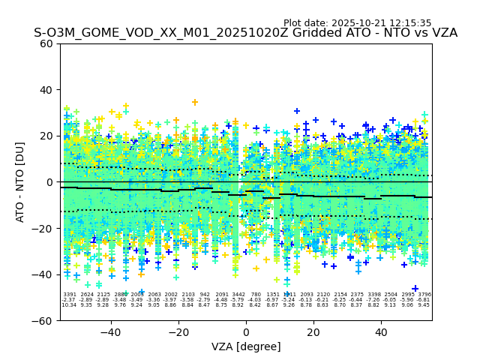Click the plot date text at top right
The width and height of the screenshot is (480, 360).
click(357, 23)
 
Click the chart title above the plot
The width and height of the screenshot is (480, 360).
click(245, 34)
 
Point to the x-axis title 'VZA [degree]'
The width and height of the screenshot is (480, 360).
click(246, 347)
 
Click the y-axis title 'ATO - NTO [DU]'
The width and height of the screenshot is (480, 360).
click(20, 182)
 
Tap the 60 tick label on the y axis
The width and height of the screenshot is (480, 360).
click(46, 43)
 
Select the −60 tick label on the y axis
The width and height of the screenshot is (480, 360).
click(43, 321)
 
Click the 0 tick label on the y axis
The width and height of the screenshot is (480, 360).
click(49, 182)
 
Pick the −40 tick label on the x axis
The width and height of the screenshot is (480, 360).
click(110, 332)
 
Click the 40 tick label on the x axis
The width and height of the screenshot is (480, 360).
click(381, 332)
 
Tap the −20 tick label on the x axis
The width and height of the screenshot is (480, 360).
click(178, 332)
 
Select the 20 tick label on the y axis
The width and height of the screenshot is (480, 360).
click(46, 136)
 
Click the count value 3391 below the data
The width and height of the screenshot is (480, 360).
click(70, 295)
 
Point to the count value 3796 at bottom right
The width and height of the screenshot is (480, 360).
click(424, 295)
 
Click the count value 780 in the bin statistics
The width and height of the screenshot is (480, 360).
click(256, 295)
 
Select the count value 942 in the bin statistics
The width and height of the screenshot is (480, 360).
click(205, 295)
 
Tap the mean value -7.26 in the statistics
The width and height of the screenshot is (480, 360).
click(373, 300)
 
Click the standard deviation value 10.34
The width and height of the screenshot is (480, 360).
click(69, 305)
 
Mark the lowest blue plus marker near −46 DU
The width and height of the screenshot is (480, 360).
click(415, 289)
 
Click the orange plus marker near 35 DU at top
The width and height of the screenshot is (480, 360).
click(195, 102)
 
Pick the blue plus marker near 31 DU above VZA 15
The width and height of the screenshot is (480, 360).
click(297, 111)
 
